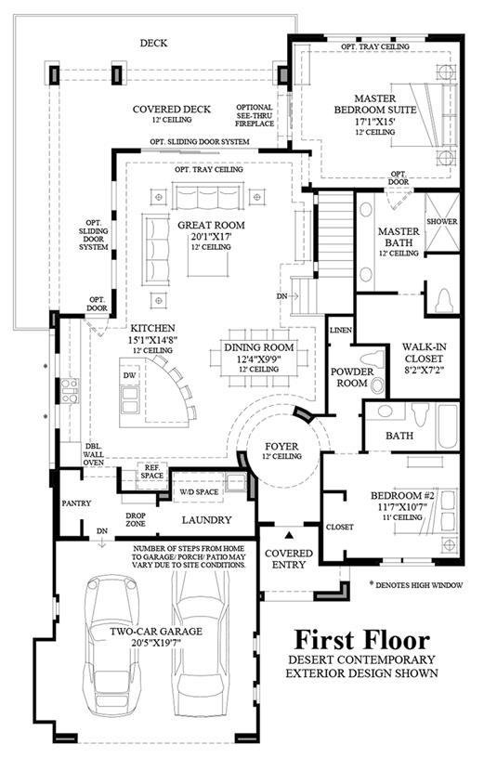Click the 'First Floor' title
tap(361, 640)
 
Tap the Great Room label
tap(211, 225)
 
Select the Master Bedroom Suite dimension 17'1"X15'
tap(374, 121)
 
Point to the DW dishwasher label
tap(129, 375)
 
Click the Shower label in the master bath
tap(441, 222)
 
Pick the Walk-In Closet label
tap(425, 352)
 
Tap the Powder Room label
tap(352, 377)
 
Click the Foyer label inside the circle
tap(281, 447)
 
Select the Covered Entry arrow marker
tap(289, 534)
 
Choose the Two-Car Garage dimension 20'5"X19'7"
tap(155, 642)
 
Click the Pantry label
tap(76, 503)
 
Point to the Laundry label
tap(207, 520)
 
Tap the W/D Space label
tap(199, 492)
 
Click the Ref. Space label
tap(151, 472)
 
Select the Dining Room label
tap(259, 347)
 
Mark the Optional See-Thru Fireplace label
tap(254, 115)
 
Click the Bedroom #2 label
tap(403, 496)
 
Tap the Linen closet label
tap(341, 330)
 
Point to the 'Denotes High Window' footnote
tap(416, 584)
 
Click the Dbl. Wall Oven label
tap(93, 454)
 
